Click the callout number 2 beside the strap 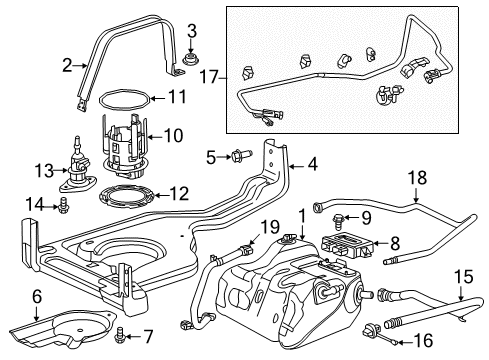click(67, 67)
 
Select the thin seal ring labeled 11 click(126, 100)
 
